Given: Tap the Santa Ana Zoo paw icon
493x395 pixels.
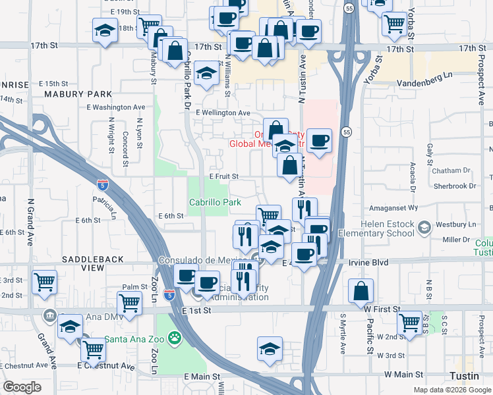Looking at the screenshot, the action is [x=175, y=339].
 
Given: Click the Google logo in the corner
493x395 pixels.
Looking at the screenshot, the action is [x=22, y=387].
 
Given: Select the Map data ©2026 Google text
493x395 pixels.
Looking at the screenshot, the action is [x=451, y=389].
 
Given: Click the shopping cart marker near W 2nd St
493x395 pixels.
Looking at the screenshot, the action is [x=410, y=323].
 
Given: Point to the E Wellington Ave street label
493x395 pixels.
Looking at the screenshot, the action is [x=223, y=113].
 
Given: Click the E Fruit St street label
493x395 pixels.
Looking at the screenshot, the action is [x=223, y=176].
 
